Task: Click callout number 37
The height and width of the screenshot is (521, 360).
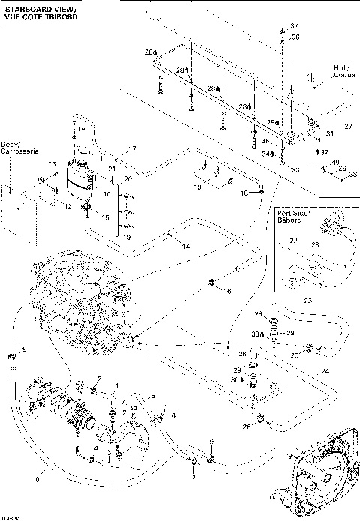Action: pyautogui.click(x=294, y=26)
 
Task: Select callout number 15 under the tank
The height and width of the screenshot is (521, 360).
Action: pyautogui.click(x=106, y=217)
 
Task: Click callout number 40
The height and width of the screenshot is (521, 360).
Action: pyautogui.click(x=335, y=162)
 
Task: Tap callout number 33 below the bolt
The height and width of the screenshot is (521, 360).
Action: pyautogui.click(x=295, y=170)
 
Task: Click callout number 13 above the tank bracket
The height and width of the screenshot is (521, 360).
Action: pyautogui.click(x=52, y=164)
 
